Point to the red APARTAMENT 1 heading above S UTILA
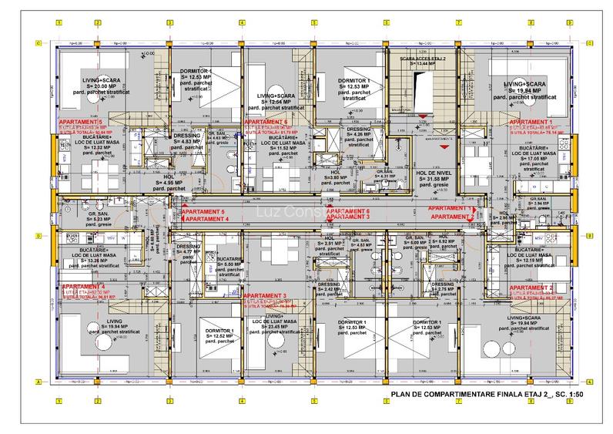(531, 123)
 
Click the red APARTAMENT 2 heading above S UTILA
(531, 288)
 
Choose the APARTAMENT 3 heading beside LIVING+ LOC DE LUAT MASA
(264, 295)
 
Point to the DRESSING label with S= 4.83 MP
(186, 136)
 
